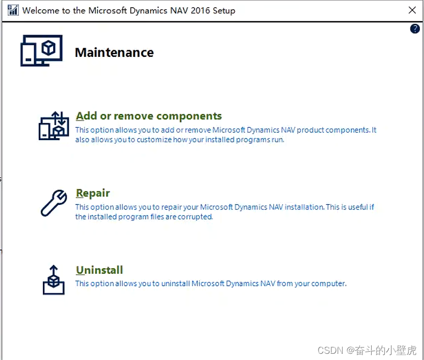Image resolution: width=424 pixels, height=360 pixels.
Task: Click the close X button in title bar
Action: click(412, 10)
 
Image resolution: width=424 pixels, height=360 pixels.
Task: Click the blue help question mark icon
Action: click(415, 29)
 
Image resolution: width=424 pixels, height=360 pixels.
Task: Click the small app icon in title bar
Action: click(13, 10)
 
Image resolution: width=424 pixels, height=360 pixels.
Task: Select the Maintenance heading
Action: click(114, 52)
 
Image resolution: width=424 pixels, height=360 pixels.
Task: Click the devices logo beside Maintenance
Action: click(41, 51)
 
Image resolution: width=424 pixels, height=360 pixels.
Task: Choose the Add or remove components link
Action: click(149, 116)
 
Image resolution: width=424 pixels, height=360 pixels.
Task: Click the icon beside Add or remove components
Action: click(54, 126)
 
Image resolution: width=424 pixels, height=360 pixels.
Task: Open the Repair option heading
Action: click(93, 193)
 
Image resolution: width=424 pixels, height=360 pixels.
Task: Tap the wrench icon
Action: click(54, 203)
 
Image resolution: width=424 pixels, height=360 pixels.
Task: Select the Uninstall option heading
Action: click(99, 270)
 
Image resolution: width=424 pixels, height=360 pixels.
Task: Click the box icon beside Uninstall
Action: click(54, 280)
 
